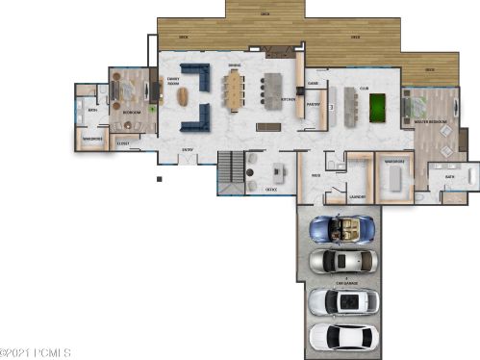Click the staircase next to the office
[231, 170]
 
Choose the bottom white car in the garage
[343, 337]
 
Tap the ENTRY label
[189, 149]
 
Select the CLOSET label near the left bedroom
[123, 144]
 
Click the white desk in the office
[280, 173]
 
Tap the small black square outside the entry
[159, 178]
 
